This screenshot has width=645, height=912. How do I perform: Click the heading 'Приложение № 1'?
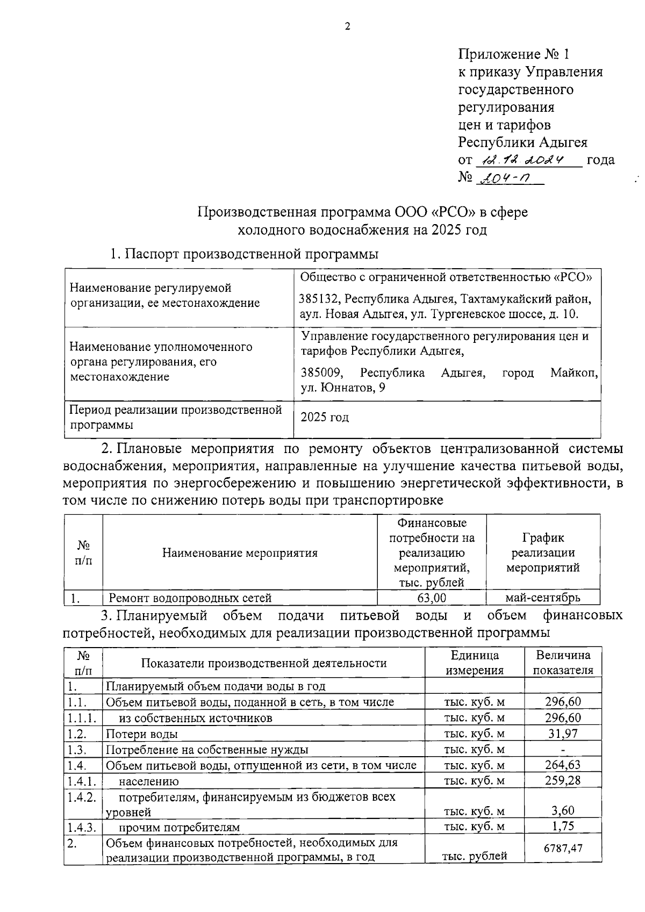513,54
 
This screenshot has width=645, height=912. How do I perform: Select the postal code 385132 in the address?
319,299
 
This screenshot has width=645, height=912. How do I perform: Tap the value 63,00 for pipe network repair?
432,598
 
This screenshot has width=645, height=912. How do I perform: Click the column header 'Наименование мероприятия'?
240,553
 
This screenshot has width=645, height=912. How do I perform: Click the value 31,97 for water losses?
562,734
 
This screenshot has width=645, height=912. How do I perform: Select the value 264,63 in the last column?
562,765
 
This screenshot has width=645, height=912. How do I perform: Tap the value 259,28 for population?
562,780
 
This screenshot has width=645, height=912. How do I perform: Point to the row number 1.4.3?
82,827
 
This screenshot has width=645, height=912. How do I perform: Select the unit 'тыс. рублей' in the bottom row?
474,857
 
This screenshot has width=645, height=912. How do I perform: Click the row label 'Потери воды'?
142,734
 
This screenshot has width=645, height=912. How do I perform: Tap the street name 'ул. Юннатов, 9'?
342,388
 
